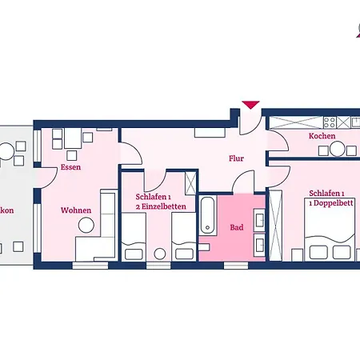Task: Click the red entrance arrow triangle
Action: [x=250, y=105]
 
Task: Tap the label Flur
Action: [x=236, y=158]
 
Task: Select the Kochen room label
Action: [x=322, y=137]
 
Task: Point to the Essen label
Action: [x=70, y=167]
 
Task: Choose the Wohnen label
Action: [x=75, y=210]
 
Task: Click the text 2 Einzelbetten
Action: [x=161, y=206]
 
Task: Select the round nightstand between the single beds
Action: [x=159, y=254]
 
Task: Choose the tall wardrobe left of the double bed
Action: [x=276, y=224]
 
